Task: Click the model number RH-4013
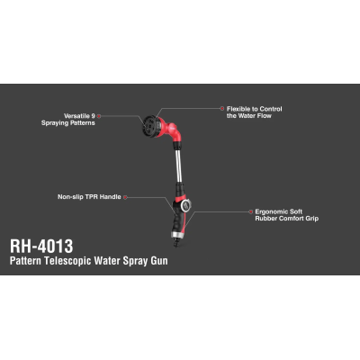[41, 247]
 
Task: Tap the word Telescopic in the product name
[67, 260]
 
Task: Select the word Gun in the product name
[159, 261]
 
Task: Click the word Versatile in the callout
[76, 116]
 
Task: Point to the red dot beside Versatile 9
[99, 116]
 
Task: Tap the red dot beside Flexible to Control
[222, 109]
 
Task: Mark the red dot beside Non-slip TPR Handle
[126, 197]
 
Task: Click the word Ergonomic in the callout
[270, 211]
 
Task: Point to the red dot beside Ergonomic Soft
[251, 211]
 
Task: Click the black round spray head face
[149, 126]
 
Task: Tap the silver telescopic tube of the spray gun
[178, 164]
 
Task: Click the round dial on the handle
[185, 205]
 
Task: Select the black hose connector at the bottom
[175, 242]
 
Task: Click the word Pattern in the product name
[25, 260]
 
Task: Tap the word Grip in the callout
[312, 219]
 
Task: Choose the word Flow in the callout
[265, 116]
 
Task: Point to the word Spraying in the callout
[56, 123]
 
